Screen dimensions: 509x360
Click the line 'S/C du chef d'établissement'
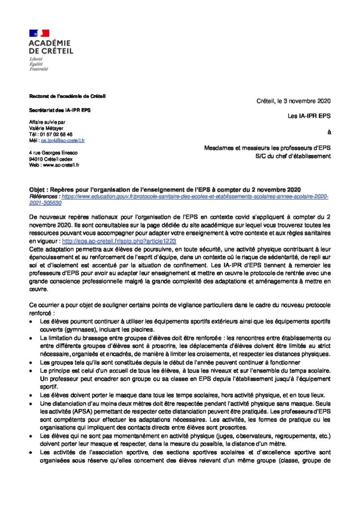[x=291, y=156]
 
